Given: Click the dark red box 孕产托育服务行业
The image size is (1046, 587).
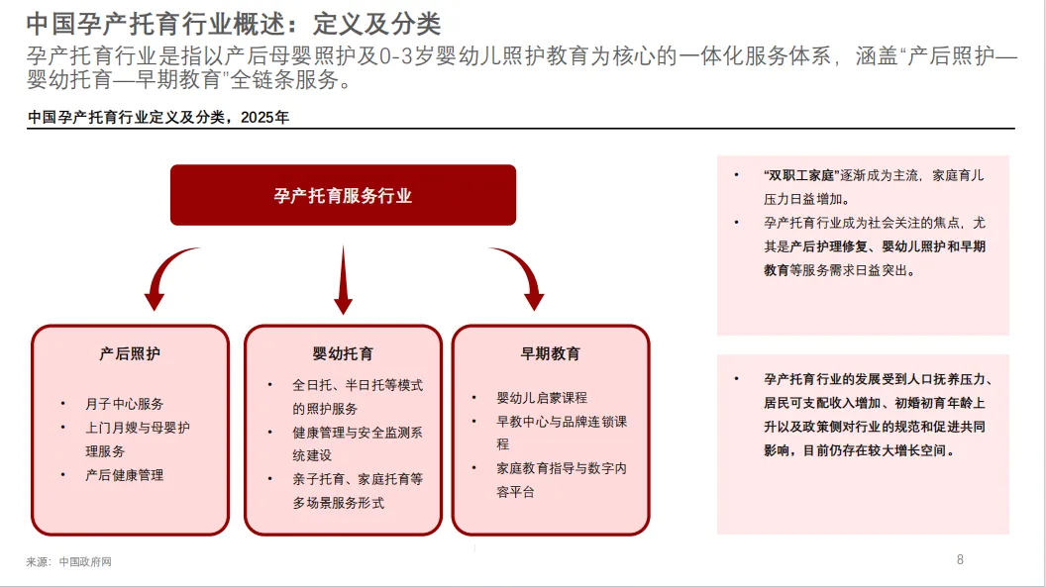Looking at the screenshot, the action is (x=343, y=195).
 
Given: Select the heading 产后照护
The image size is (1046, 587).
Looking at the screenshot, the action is (x=130, y=353).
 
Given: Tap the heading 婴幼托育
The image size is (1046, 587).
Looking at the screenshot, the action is (x=343, y=353).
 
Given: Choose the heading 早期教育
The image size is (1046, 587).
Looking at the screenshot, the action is (x=551, y=353).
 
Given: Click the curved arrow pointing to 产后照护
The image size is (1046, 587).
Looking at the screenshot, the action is (x=169, y=277).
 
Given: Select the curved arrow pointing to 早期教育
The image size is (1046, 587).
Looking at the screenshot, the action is (x=520, y=277).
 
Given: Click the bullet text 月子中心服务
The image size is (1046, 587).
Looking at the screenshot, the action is (x=125, y=404).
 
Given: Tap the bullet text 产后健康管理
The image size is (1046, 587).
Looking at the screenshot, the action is (x=125, y=475).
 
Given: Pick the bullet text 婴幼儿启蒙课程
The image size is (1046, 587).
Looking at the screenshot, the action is (x=542, y=397).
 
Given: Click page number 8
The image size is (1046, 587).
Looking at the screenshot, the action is (x=960, y=559).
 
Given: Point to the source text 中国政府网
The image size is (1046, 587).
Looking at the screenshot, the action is (x=85, y=562).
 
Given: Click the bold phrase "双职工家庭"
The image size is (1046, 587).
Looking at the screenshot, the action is (x=800, y=175).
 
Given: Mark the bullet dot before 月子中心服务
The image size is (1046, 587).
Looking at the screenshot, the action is (x=63, y=404).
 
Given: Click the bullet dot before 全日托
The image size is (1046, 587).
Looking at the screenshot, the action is (x=269, y=385).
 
